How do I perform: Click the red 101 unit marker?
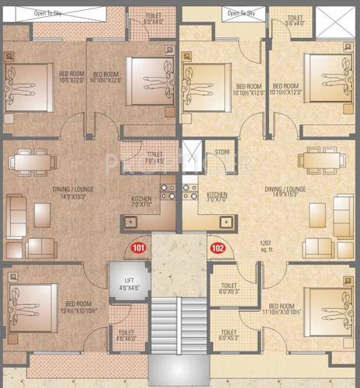tap(139, 248)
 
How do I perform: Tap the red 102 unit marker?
tap(218, 248)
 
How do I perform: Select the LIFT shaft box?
tap(124, 281)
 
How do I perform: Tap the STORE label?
tap(223, 152)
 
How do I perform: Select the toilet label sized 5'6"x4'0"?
tap(295, 21)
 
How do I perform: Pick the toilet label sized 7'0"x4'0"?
tap(154, 158)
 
